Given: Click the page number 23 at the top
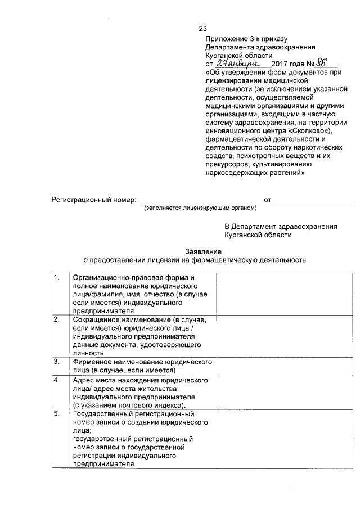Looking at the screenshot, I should [x=203, y=29].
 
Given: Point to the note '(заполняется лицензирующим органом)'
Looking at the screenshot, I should [x=200, y=208].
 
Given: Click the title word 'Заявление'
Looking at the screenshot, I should [x=203, y=252].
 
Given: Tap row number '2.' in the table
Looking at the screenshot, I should [x=57, y=320].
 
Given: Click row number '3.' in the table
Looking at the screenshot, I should [x=57, y=362].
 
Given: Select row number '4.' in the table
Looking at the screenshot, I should [x=57, y=381].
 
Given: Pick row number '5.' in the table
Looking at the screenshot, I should [x=57, y=415].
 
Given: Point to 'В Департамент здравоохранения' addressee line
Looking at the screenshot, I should [x=281, y=227].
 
